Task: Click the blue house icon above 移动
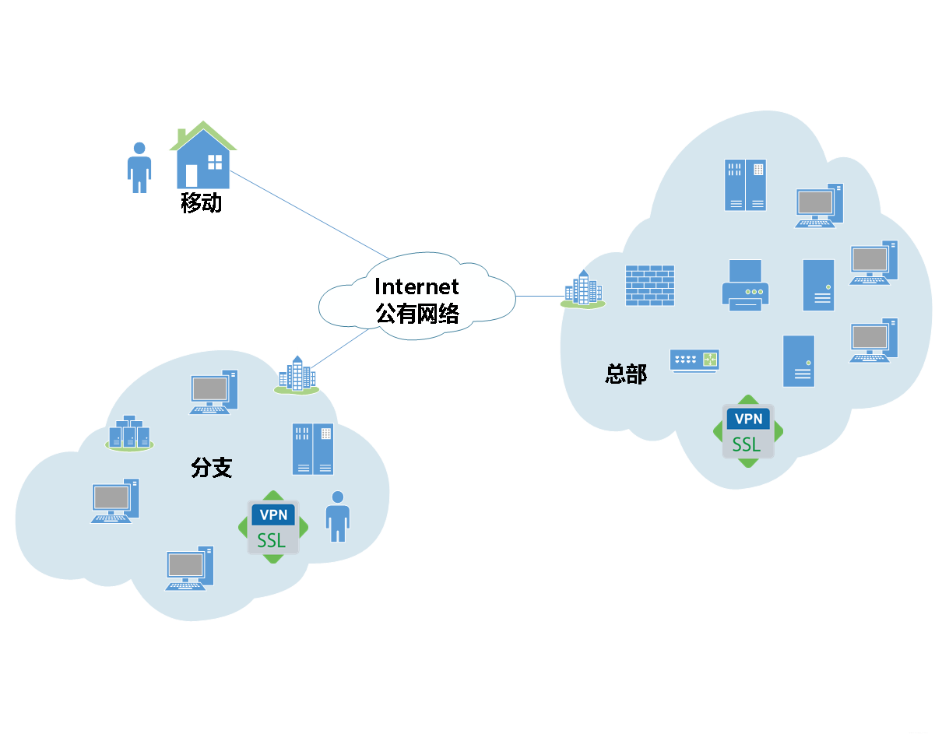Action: pyautogui.click(x=202, y=158)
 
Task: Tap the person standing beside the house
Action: pyautogui.click(x=139, y=167)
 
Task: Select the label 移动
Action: pyautogui.click(x=202, y=204)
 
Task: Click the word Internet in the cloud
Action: pyautogui.click(x=417, y=287)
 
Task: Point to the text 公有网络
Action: pyautogui.click(x=417, y=313)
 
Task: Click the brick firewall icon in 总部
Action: pyautogui.click(x=650, y=285)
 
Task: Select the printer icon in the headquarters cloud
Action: pyautogui.click(x=745, y=286)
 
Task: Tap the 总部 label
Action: pyautogui.click(x=626, y=374)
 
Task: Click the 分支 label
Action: pyautogui.click(x=212, y=467)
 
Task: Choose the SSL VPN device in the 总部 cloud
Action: pyautogui.click(x=747, y=431)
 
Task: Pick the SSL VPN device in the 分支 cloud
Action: pyautogui.click(x=272, y=527)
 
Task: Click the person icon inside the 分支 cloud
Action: pyautogui.click(x=337, y=516)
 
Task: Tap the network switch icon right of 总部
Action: pyautogui.click(x=694, y=360)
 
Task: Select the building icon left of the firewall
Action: pyautogui.click(x=583, y=290)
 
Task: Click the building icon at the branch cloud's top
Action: pyautogui.click(x=297, y=375)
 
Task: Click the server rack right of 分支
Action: pyautogui.click(x=313, y=449)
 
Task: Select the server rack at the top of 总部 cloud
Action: pyautogui.click(x=745, y=185)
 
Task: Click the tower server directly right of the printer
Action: pyautogui.click(x=818, y=285)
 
